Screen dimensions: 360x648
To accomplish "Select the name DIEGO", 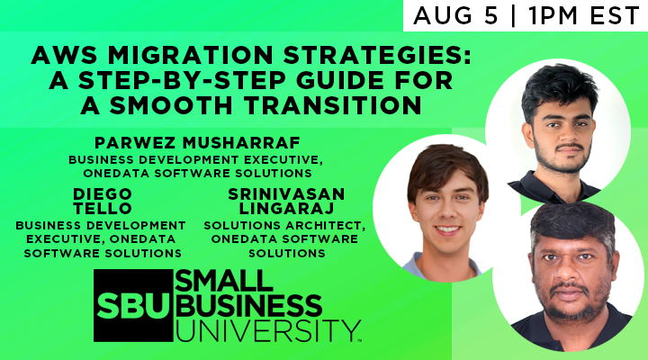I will pos(100,193).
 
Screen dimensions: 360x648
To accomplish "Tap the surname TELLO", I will pos(100,208).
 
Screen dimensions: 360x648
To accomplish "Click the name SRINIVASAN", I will pos(284,193).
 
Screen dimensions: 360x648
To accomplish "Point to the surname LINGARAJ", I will pos(284,208).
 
